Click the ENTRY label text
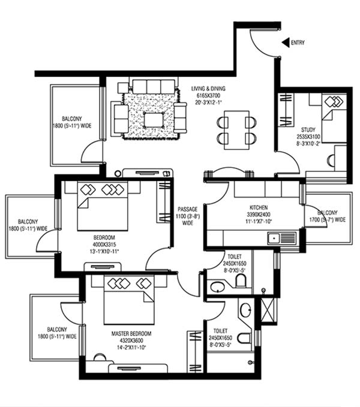pos(298,43)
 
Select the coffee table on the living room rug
pos(154,120)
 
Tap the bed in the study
pos(334,117)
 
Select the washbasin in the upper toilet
pos(217,287)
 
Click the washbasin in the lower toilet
pos(245,310)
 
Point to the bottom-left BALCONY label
pos(59,333)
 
